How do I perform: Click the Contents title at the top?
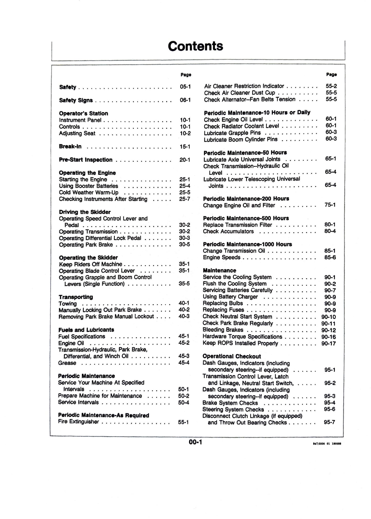[195, 46]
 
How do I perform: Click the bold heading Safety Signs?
[76, 100]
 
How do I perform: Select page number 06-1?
[185, 100]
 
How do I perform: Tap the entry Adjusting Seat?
[77, 133]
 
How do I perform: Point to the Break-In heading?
[70, 146]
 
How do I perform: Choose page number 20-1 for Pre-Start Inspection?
[185, 160]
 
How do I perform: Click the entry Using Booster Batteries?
[88, 186]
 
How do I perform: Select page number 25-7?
[185, 199]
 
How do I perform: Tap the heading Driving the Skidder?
[85, 212]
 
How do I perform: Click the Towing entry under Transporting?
[68, 304]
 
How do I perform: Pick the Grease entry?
[67, 363]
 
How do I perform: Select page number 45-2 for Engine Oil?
[184, 343]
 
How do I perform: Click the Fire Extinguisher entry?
[78, 422]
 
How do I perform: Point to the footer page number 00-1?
[195, 442]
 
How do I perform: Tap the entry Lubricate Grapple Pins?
[232, 133]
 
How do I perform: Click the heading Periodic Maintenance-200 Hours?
[246, 199]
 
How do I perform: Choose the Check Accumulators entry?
[228, 231]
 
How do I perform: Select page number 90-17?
[328, 343]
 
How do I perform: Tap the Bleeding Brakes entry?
[223, 330]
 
